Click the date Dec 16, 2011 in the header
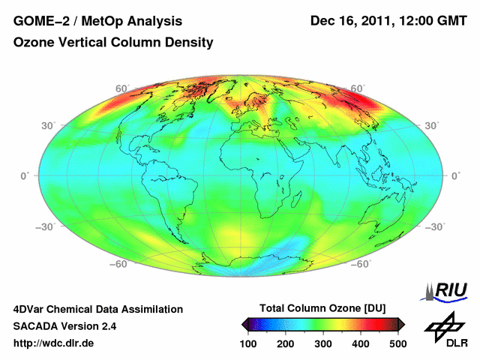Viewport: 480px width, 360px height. pyautogui.click(x=349, y=21)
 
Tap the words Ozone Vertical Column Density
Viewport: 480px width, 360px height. pyautogui.click(x=113, y=43)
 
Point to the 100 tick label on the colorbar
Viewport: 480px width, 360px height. pyautogui.click(x=248, y=343)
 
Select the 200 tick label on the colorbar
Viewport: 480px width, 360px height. pyautogui.click(x=286, y=343)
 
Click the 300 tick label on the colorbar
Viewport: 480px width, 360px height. pyautogui.click(x=323, y=343)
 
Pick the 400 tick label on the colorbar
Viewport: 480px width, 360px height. pyautogui.click(x=361, y=343)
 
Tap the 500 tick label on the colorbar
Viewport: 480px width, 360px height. pyautogui.click(x=397, y=343)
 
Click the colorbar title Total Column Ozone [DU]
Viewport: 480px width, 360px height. pyautogui.click(x=322, y=308)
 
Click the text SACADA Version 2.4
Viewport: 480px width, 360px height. pyautogui.click(x=64, y=326)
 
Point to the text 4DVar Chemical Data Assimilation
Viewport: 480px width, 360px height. pyautogui.click(x=97, y=309)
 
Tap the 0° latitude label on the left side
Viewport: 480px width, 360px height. pyautogui.click(x=24, y=175)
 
